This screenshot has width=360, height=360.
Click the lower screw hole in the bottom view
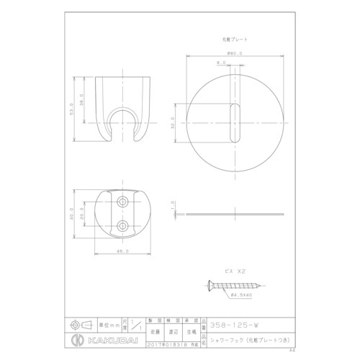coord(122,226)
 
